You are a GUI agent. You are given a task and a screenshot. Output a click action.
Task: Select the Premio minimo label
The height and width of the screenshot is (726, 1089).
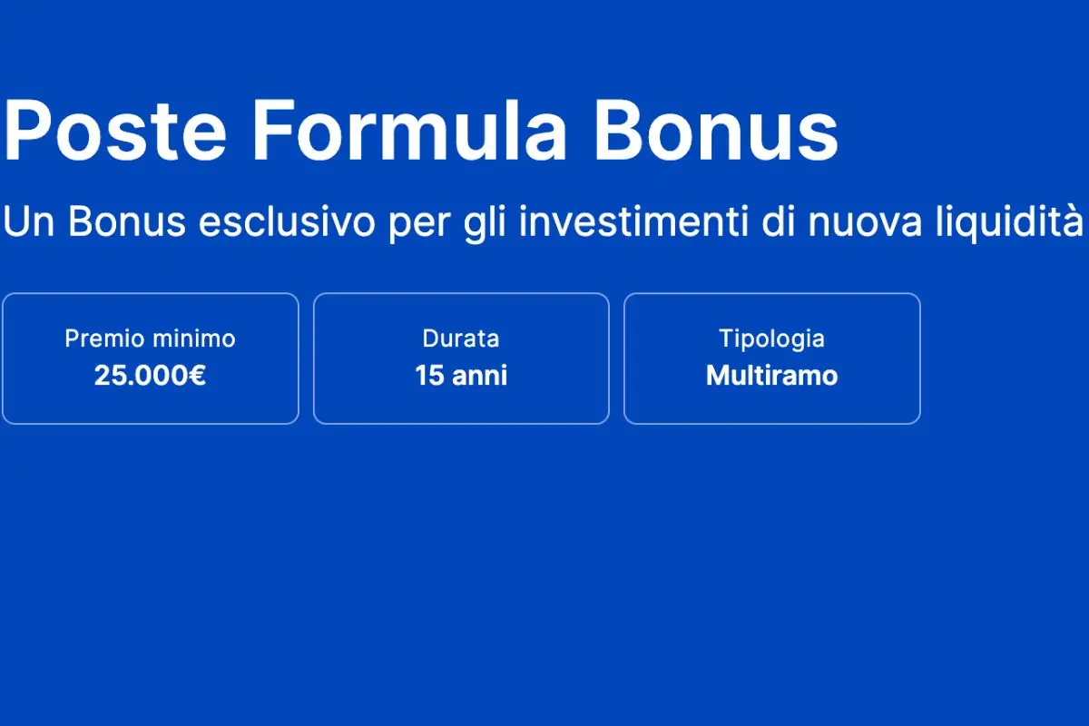(x=150, y=339)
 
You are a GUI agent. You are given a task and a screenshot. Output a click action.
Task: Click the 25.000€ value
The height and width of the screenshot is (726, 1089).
(x=150, y=376)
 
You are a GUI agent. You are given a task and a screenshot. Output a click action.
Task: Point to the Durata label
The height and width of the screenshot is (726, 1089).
(x=461, y=339)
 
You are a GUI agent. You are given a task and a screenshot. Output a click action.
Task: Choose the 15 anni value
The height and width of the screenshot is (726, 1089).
(x=461, y=376)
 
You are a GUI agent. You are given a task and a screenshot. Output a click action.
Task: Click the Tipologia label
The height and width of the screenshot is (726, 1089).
(x=771, y=339)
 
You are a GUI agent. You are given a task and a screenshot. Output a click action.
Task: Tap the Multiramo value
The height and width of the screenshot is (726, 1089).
(x=771, y=376)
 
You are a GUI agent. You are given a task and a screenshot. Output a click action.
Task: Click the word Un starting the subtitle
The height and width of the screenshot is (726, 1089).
(x=30, y=222)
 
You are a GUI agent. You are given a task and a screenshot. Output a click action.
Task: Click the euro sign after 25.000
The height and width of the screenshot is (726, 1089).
(x=197, y=376)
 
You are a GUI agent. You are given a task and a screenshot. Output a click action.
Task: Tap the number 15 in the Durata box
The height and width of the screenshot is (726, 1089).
(x=428, y=376)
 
